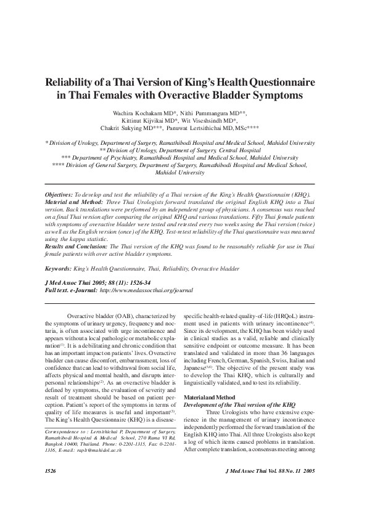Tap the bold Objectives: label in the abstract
(x=59, y=193)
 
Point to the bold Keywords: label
(x=58, y=269)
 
